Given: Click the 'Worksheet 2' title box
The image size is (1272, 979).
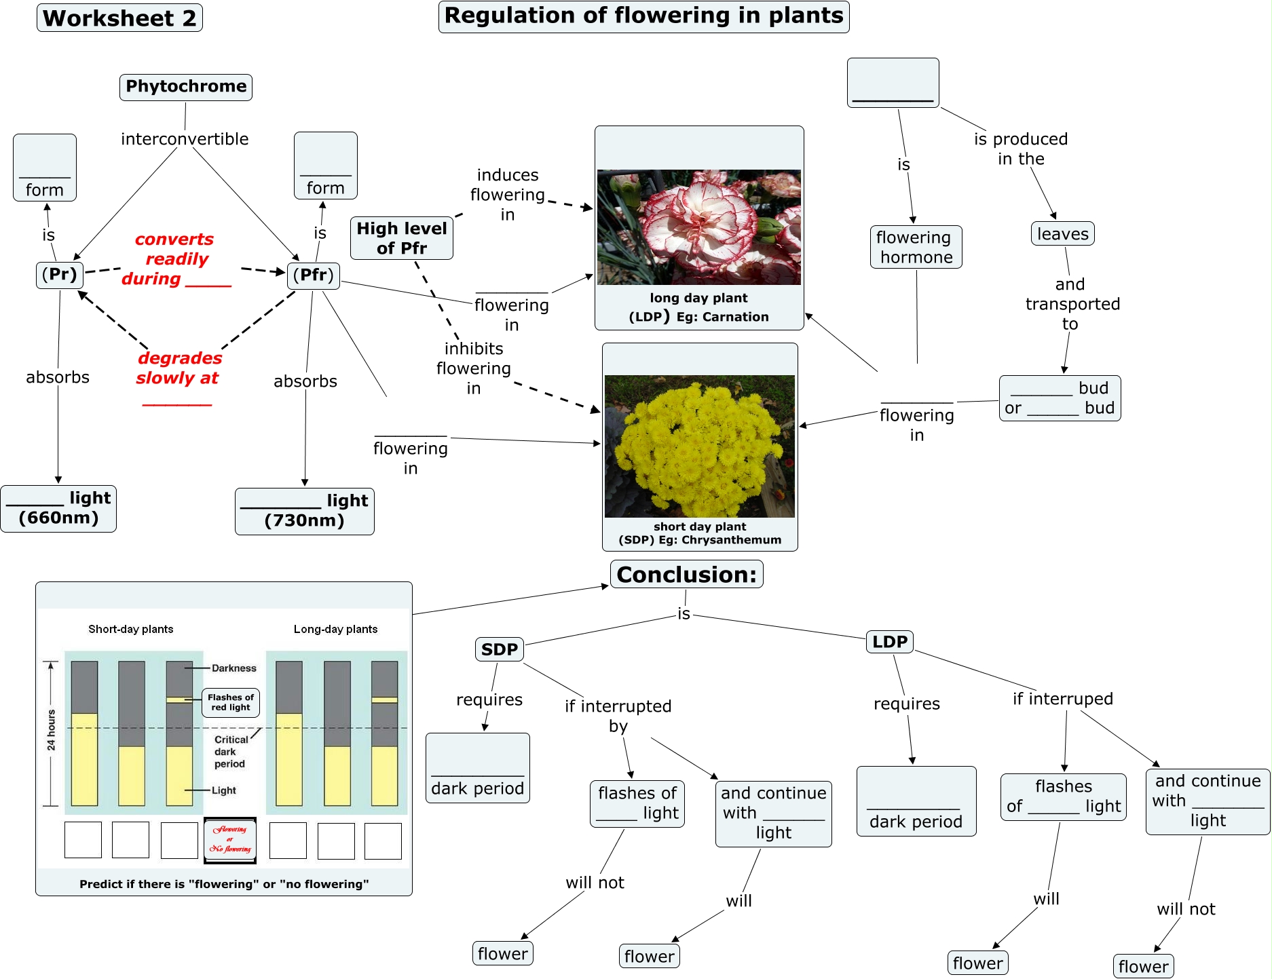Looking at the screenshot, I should pyautogui.click(x=119, y=18).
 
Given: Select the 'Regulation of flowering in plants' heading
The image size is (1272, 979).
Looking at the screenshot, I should pyautogui.click(x=643, y=16).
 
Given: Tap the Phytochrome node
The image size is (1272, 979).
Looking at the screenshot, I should pyautogui.click(x=186, y=87).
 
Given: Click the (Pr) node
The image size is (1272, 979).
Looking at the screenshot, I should pyautogui.click(x=60, y=275).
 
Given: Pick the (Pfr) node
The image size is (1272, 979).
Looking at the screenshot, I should pyautogui.click(x=313, y=275).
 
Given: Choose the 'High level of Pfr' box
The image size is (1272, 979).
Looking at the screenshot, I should pyautogui.click(x=402, y=238).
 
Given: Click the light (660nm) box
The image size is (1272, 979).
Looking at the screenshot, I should pyautogui.click(x=58, y=508).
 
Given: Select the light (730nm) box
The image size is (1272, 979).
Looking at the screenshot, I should pyautogui.click(x=304, y=511).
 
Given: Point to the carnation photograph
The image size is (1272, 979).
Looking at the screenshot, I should pyautogui.click(x=698, y=227).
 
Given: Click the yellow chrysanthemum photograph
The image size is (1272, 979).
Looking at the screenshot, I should pyautogui.click(x=699, y=446).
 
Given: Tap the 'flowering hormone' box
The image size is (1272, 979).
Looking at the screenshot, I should pyautogui.click(x=916, y=247).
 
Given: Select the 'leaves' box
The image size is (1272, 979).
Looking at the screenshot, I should pyautogui.click(x=1062, y=234).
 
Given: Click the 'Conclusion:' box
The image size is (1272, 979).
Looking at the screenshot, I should pyautogui.click(x=686, y=575).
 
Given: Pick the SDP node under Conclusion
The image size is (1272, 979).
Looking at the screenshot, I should pyautogui.click(x=499, y=649).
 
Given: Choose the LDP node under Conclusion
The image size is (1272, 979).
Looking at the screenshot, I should pyautogui.click(x=889, y=642).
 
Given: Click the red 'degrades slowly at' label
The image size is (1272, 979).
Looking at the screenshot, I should pyautogui.click(x=179, y=368).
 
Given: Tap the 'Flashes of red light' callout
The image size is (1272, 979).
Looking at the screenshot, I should pyautogui.click(x=231, y=702).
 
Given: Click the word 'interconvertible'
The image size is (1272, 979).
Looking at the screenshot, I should pyautogui.click(x=185, y=139).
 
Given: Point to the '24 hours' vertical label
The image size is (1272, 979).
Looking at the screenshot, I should pyautogui.click(x=52, y=730).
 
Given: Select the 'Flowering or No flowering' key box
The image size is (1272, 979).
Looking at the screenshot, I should pyautogui.click(x=230, y=840).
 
